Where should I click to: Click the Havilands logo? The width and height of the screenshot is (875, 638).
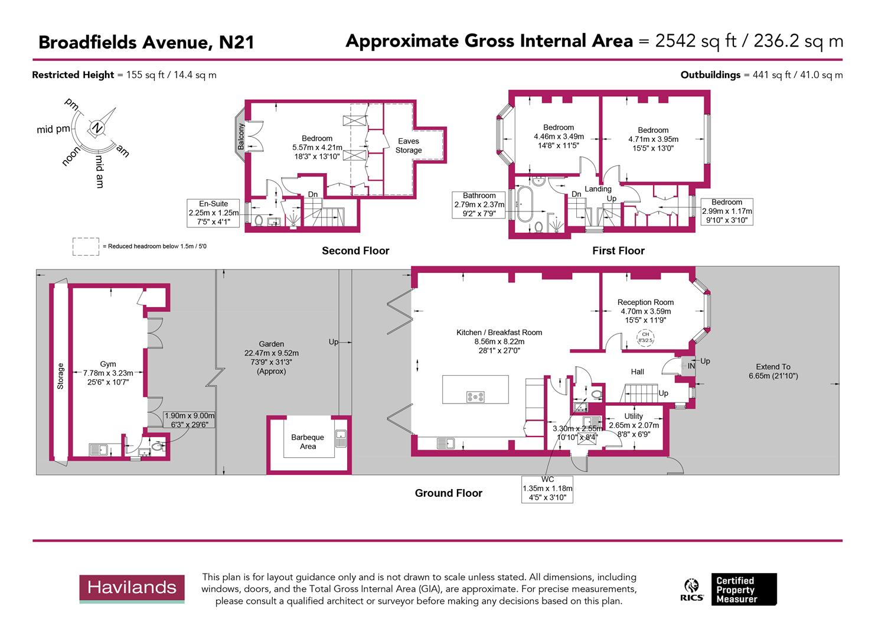pos(132,588)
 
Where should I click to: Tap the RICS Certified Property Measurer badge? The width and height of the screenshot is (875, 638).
pos(730,589)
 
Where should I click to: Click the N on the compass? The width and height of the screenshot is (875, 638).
pos(97,128)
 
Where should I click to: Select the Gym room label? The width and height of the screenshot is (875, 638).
pos(108,364)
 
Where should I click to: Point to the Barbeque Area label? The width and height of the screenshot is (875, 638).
pos(308,442)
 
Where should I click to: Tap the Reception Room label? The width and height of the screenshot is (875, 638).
pos(645,302)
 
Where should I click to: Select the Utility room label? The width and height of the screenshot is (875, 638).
pos(634,416)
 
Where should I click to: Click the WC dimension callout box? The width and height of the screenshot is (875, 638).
pos(547,489)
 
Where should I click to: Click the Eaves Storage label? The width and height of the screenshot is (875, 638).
pos(409,145)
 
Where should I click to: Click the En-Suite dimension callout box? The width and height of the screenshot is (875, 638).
pos(214,213)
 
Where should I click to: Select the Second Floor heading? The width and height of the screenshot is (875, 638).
pos(355,250)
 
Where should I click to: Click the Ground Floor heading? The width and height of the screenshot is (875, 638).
pos(448,493)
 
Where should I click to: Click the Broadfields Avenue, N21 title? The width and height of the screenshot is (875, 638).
pos(146,43)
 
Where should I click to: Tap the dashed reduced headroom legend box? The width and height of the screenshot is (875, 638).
pos(86,246)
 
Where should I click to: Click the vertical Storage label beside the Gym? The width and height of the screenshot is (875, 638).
pos(60,376)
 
